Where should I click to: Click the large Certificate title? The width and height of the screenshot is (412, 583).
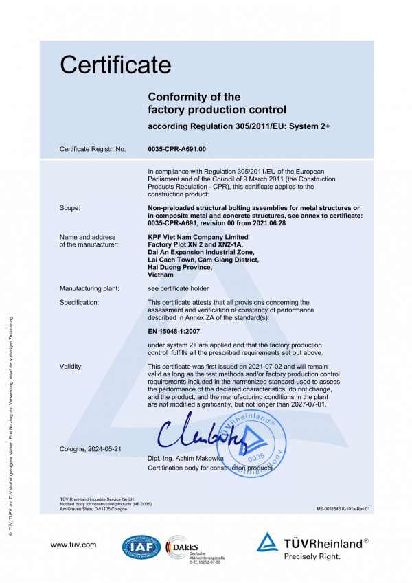point(115,65)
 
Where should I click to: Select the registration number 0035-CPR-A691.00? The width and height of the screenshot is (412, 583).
point(177,148)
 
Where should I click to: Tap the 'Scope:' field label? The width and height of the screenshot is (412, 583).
point(70,207)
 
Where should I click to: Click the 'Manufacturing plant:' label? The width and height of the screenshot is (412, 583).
point(90,288)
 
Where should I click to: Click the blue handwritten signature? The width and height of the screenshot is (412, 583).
point(196,431)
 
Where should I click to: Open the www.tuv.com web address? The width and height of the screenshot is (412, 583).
point(73,545)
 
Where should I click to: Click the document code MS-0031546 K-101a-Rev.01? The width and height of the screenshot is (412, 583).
point(343,509)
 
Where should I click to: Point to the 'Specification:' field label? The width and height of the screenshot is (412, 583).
point(79,302)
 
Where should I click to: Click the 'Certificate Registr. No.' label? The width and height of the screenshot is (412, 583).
point(93,148)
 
